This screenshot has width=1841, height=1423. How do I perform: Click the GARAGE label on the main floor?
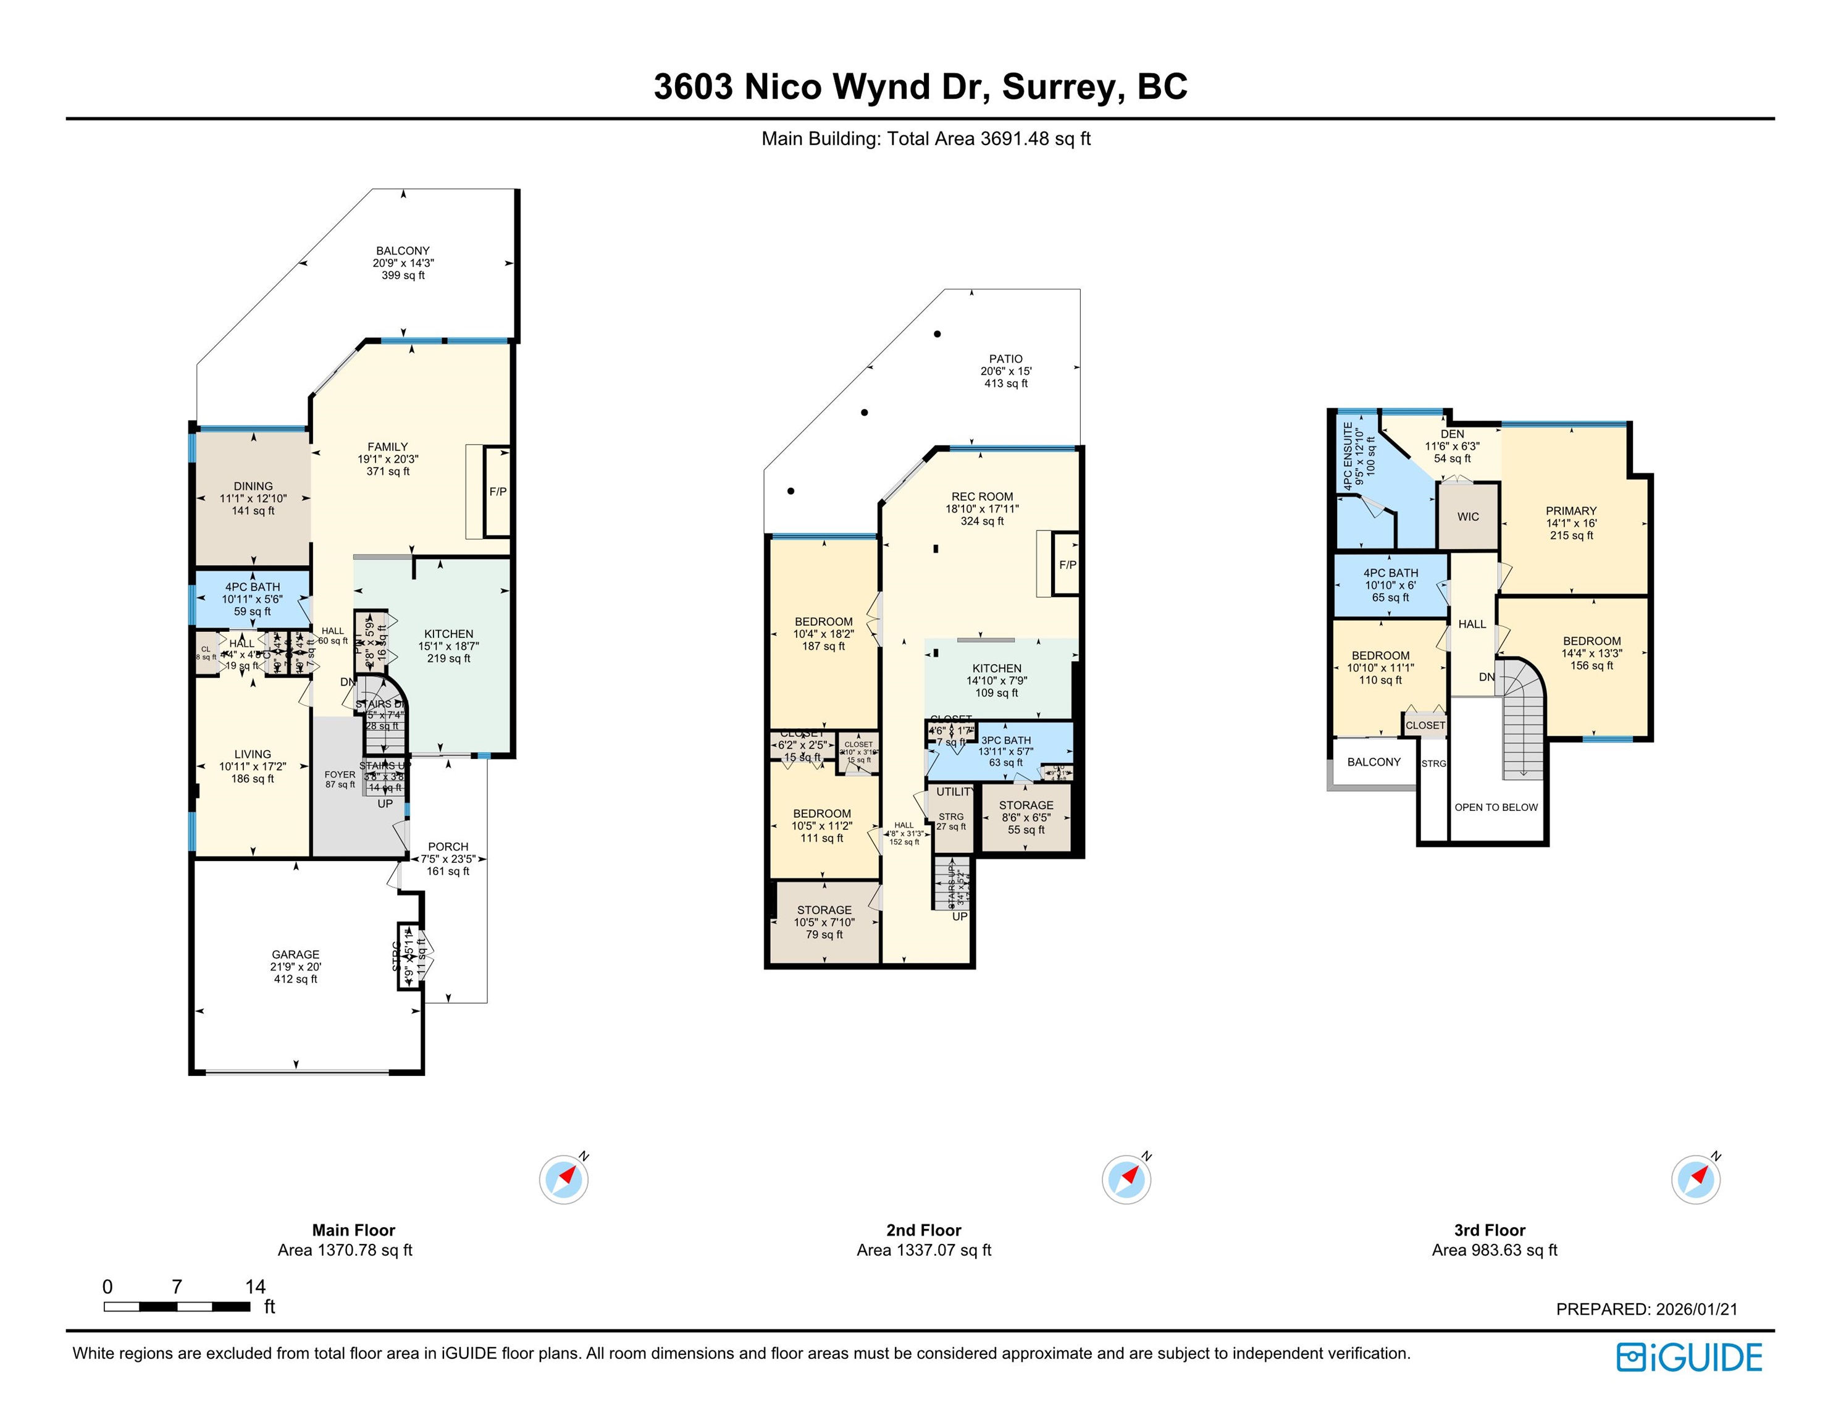click(295, 954)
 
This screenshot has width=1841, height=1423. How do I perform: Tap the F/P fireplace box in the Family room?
click(497, 492)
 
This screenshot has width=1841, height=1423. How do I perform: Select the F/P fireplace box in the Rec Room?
click(1067, 565)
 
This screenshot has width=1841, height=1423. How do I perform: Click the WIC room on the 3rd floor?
click(1467, 517)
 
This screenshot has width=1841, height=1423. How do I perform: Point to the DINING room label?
click(253, 487)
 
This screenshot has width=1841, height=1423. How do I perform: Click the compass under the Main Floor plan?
click(564, 1180)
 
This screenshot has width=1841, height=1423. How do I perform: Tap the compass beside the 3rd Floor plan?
click(1696, 1180)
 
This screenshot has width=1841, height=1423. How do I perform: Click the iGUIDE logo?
click(1689, 1358)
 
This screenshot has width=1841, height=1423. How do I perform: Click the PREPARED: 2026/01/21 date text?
click(1646, 1309)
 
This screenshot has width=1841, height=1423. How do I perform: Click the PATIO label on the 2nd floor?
click(1005, 359)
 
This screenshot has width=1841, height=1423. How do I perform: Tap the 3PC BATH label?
click(1005, 740)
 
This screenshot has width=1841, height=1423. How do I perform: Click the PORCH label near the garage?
click(448, 846)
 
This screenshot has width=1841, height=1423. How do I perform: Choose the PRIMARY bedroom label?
click(1571, 511)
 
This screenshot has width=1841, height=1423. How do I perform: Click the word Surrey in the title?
click(1063, 87)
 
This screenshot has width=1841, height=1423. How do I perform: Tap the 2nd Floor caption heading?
click(923, 1230)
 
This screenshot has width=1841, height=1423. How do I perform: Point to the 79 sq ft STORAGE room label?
click(824, 910)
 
